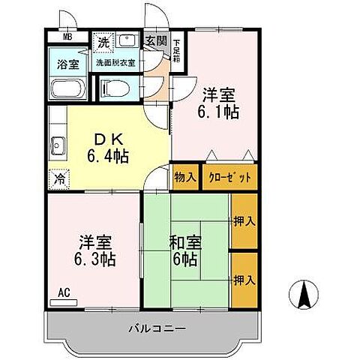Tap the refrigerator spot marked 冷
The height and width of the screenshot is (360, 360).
coord(58,180)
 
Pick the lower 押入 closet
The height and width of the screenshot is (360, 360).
coord(243,280)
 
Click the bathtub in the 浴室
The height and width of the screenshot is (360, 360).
coord(68,90)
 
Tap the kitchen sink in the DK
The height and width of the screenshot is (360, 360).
coord(58,145)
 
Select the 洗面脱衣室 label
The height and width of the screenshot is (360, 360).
coord(115,63)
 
